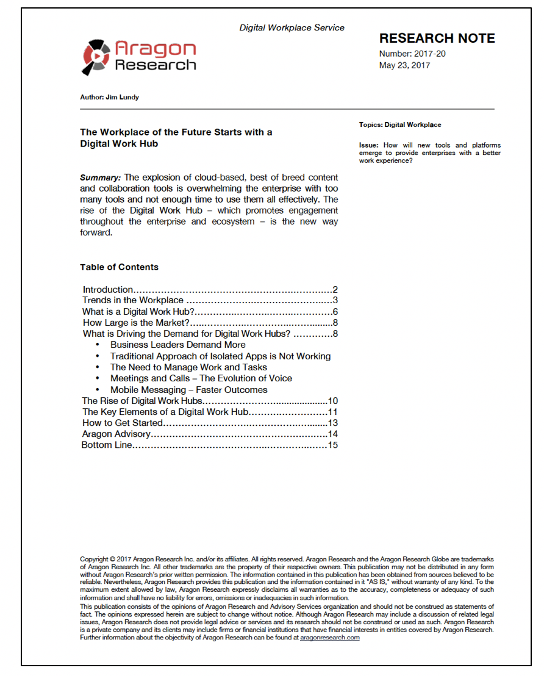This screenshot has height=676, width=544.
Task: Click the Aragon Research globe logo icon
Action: point(96,56)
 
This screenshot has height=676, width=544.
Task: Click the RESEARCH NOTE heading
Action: point(437,38)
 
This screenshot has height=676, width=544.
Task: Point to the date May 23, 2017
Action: point(404,65)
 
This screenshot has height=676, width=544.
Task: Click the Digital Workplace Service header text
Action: point(292,27)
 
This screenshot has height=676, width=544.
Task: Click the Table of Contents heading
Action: point(119,267)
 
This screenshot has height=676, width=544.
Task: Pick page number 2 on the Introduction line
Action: point(335,290)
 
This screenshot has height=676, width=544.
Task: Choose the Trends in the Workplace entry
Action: point(133,300)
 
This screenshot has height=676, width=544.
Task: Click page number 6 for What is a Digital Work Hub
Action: point(335,312)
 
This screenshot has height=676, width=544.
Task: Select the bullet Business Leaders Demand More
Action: point(178,345)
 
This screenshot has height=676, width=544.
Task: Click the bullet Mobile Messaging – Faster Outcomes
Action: point(188,390)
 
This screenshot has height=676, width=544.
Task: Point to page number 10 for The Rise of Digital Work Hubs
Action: point(332,401)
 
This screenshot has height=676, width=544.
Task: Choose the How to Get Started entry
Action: point(123,423)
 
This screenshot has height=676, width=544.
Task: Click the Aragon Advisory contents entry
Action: point(116,434)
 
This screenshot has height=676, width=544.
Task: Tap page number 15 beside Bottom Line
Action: point(332,445)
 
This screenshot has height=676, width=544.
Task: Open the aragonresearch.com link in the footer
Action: point(329,638)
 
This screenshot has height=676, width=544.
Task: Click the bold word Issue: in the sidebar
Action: point(368,145)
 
